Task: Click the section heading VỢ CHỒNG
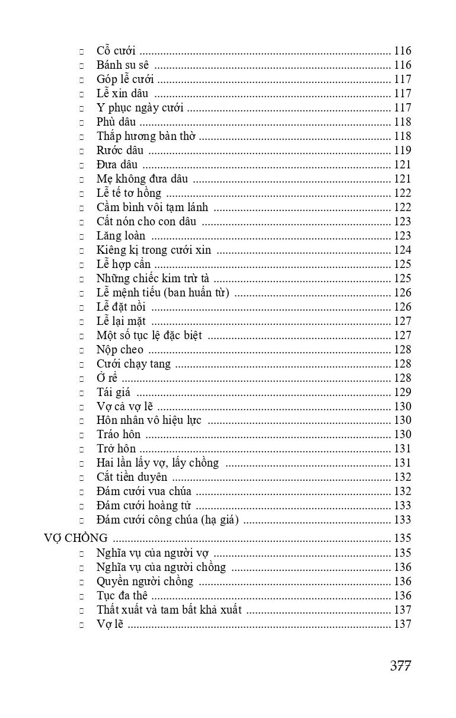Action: coord(76,538)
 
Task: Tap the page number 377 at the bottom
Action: coord(400,665)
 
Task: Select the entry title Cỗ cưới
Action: coord(116,51)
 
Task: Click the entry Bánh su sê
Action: coord(123,65)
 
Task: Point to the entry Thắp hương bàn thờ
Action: coord(146,136)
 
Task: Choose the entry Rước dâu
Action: coord(120,151)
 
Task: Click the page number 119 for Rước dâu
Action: coord(402,151)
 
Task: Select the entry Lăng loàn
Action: coord(121,236)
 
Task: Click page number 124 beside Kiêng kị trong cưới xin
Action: coord(402,250)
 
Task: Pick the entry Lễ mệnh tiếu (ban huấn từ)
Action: coord(163,293)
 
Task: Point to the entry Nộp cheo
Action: coord(120,350)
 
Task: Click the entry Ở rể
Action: coord(107,378)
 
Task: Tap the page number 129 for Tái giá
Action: coord(402,392)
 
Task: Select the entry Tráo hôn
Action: coord(119,435)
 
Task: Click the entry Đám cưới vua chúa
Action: coord(144,492)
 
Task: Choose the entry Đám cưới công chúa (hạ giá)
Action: coord(168,520)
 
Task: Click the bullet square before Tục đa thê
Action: coord(81,596)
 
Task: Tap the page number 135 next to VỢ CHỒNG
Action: coord(402,538)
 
